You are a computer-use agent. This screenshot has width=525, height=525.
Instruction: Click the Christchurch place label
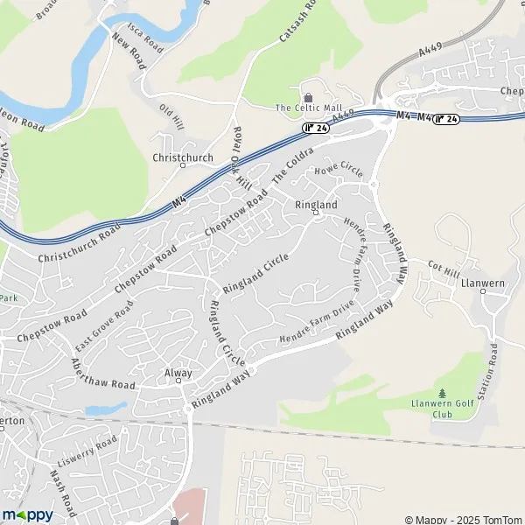coord(183,157)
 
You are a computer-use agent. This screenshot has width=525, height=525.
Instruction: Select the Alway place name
coord(178,373)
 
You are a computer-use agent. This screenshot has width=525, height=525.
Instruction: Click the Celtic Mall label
coord(307,108)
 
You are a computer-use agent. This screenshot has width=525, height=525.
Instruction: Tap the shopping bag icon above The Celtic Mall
coord(307,95)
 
